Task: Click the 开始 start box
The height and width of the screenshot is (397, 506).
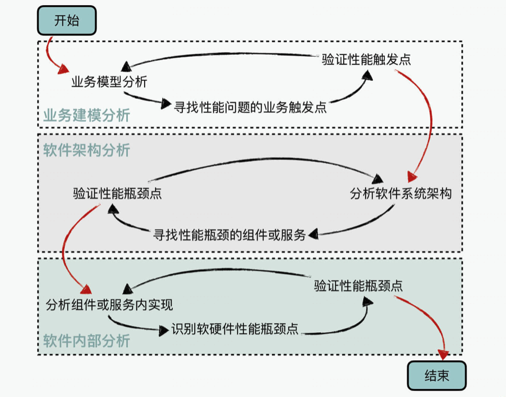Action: tap(67, 22)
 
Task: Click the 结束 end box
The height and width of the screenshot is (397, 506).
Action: tap(437, 376)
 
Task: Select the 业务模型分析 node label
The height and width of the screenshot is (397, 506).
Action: tap(109, 82)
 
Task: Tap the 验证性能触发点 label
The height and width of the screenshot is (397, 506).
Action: tap(366, 60)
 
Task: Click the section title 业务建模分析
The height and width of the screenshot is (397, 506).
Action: tap(87, 115)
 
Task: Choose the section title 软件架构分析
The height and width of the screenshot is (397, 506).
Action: tap(87, 150)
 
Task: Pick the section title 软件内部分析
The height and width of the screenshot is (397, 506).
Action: tap(87, 341)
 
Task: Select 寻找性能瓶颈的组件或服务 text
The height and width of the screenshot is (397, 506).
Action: tap(229, 235)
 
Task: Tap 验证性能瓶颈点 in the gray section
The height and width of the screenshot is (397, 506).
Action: tap(117, 193)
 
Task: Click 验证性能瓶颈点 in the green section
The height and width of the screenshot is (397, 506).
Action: tap(358, 285)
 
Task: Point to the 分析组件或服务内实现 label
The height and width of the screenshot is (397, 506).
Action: tap(109, 304)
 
